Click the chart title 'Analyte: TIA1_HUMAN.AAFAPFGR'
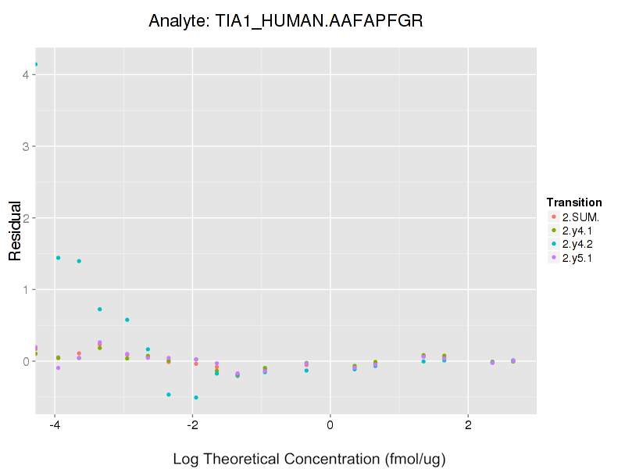click(x=286, y=21)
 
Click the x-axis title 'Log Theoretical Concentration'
click(x=309, y=459)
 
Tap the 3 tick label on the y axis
click(x=25, y=146)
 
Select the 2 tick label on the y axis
click(x=25, y=218)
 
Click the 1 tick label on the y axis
click(x=25, y=289)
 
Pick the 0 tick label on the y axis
click(x=25, y=361)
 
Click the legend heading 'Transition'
click(x=574, y=202)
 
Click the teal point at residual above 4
click(x=36, y=64)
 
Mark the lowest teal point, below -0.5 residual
click(x=195, y=397)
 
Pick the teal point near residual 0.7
click(x=100, y=309)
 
